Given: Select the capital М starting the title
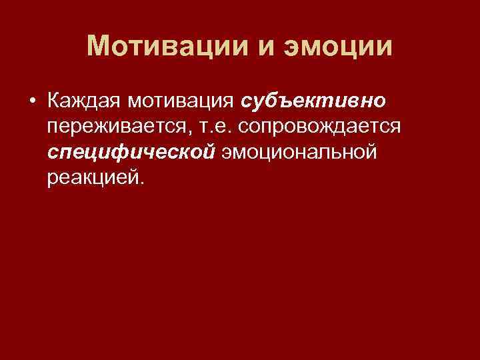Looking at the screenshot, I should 99,47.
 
